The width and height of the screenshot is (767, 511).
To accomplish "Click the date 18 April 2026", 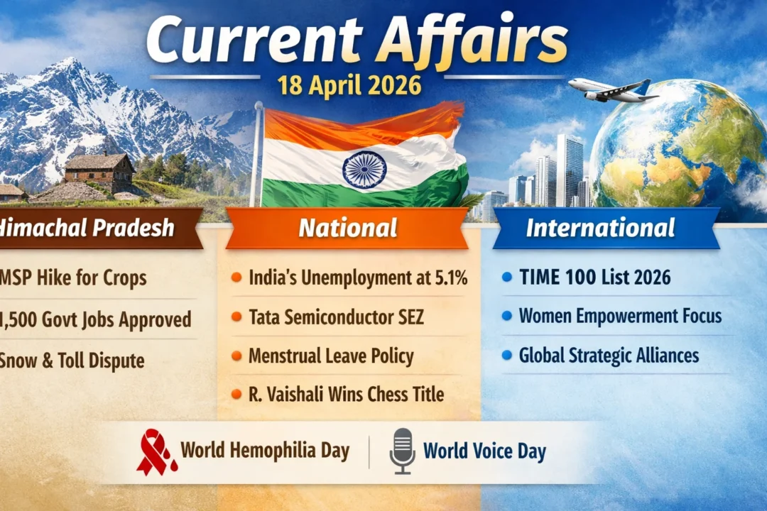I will pos(349,85).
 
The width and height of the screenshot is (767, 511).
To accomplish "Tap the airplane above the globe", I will pos(611,89).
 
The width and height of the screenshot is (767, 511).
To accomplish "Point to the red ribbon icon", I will pos(156,452).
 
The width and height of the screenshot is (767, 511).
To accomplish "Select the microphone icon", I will pos(402,451).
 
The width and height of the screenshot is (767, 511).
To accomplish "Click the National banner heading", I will pos(347,228).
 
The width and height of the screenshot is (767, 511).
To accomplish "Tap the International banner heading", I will pos(600,228).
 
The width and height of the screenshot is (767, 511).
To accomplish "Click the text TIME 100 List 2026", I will pos(594,278).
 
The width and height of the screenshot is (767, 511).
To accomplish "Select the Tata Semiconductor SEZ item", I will pos(336,317).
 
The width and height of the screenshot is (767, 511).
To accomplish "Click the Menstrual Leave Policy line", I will pos(331,356).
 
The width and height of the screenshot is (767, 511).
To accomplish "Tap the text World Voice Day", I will pos(484,451).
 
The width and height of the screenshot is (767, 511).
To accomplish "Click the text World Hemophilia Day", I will pos(264,450).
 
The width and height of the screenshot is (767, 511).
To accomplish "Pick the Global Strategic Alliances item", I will pos(609,355).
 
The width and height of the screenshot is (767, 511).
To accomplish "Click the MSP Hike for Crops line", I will pos(75,278).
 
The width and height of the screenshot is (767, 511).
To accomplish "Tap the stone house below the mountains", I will pos(99,171).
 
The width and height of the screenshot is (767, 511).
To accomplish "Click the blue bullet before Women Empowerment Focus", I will pos(506,315).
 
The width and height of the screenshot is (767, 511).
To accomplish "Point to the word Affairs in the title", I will pos(472,40).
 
